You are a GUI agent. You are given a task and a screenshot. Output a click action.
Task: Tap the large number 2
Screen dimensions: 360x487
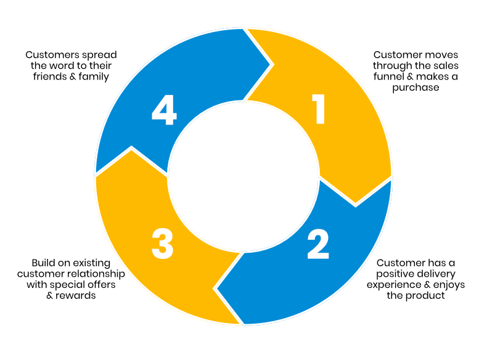318,243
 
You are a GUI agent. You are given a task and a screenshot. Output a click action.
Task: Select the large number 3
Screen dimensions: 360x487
162,243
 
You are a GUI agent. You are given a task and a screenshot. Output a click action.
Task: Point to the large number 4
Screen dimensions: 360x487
164,112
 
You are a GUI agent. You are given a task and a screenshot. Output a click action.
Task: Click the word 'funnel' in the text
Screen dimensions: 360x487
388,76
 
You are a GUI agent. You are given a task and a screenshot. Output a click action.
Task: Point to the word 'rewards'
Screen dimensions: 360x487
77,295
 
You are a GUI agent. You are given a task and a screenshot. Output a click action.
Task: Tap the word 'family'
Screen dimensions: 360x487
92,77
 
